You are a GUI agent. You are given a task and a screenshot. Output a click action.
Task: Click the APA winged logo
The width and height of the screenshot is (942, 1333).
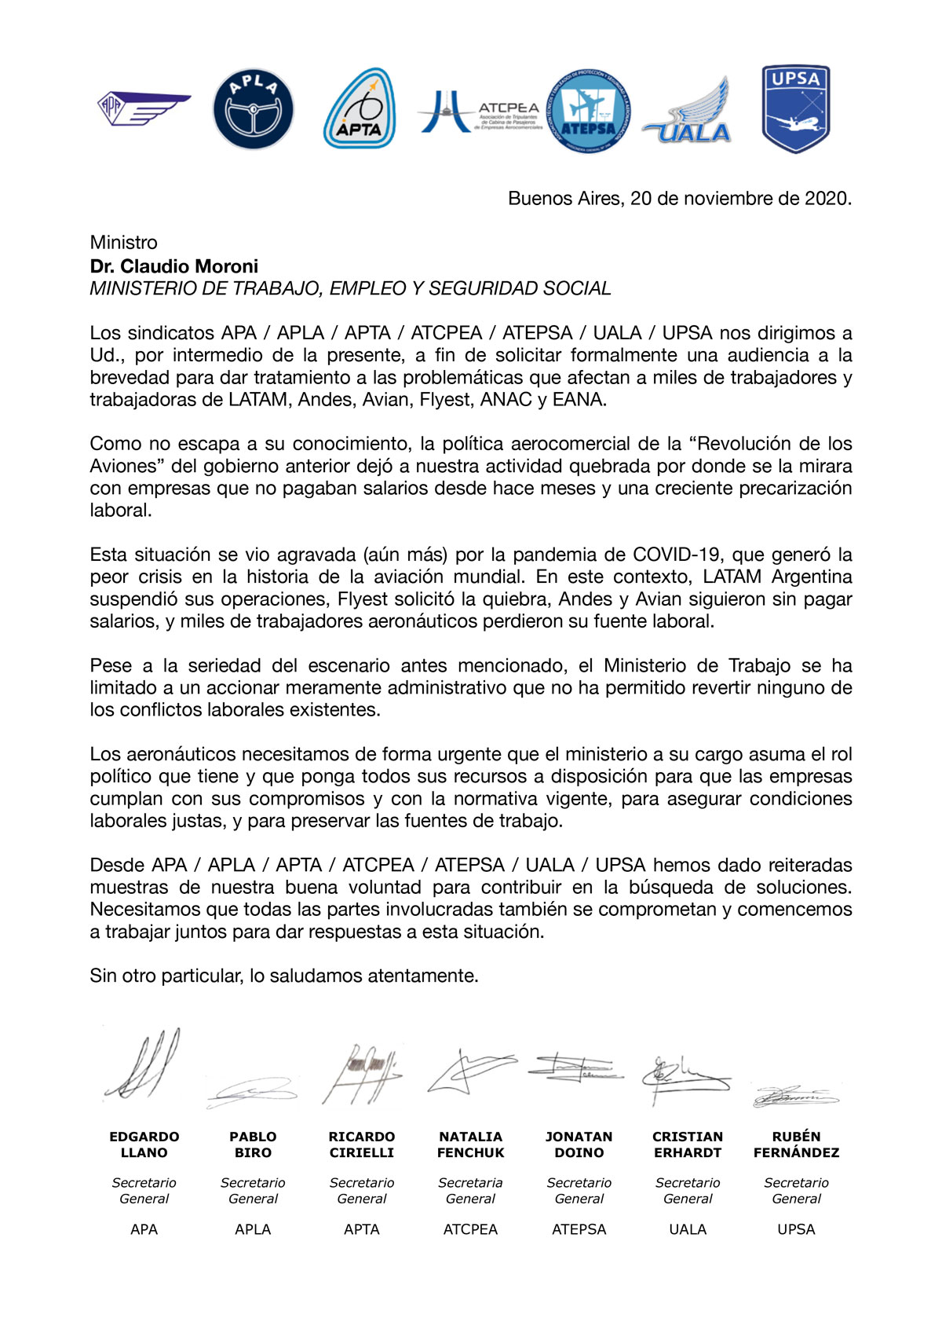coord(143,109)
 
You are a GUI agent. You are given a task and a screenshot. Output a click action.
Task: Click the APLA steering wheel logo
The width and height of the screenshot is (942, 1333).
coord(253,109)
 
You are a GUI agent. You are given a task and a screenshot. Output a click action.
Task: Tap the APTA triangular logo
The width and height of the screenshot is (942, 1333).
coord(360,109)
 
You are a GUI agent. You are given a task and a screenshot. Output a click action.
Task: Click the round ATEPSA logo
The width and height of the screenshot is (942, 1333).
coord(587,111)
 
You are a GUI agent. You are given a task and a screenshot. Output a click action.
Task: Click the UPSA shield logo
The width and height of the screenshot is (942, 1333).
coord(795,108)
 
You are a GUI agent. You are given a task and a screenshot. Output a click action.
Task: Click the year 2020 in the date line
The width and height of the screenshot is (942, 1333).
coord(826,198)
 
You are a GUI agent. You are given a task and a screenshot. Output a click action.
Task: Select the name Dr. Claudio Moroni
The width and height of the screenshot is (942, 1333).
coord(173,266)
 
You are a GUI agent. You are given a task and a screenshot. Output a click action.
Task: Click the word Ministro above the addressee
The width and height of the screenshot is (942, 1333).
coord(123,243)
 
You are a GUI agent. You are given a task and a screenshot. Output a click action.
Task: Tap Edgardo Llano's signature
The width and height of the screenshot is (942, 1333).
coord(144,1064)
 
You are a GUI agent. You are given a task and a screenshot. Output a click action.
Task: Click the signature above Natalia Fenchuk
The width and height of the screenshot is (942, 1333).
coord(469,1070)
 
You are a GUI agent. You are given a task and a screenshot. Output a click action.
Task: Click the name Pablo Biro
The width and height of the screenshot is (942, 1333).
coord(253,1144)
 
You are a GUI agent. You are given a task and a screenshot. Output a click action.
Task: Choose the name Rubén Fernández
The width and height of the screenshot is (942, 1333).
coord(796,1144)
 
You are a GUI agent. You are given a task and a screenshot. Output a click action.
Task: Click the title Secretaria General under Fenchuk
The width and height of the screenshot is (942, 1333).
coord(470,1191)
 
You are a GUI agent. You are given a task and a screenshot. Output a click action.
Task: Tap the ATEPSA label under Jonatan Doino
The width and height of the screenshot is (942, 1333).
coord(579,1229)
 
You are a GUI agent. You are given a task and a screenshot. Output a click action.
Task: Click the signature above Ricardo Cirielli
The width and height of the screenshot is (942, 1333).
coord(361,1072)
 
